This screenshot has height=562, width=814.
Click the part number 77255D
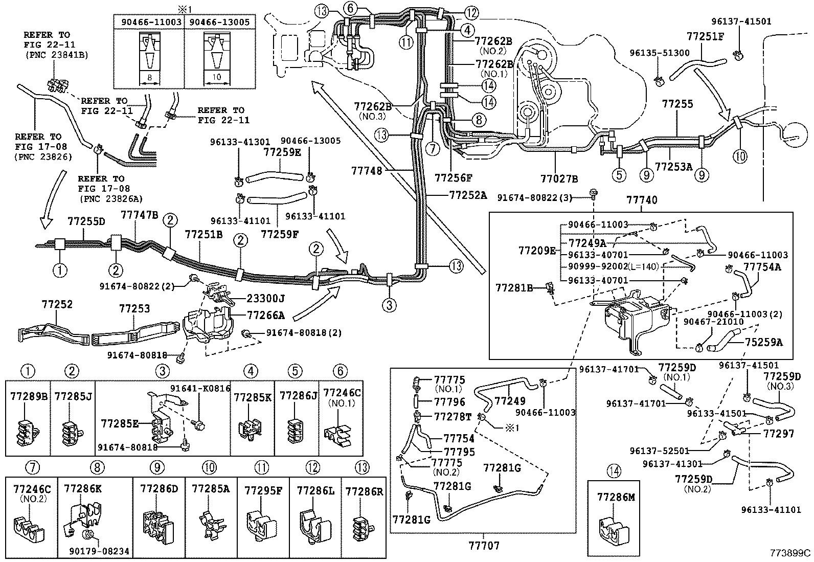coord(86,221)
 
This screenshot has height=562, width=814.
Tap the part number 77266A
coord(266,314)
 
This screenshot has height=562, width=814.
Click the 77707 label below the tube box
coord(484,545)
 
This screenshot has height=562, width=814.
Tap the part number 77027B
coord(559,178)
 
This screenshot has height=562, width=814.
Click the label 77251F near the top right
coord(705,37)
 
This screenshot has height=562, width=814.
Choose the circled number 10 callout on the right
coord(739,156)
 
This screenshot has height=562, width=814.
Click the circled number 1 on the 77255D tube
coord(60,269)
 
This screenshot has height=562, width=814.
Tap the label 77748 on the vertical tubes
coord(367,171)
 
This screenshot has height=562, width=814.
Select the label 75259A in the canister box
coord(763,342)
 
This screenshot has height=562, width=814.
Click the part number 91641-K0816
coord(200,388)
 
